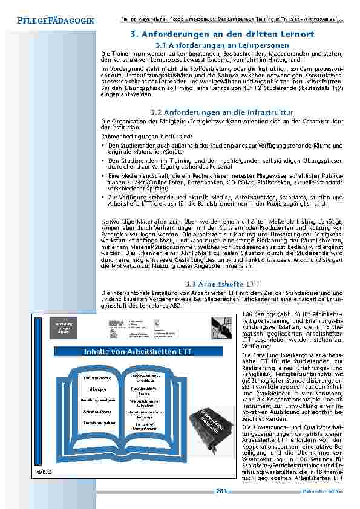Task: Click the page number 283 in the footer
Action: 221,491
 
